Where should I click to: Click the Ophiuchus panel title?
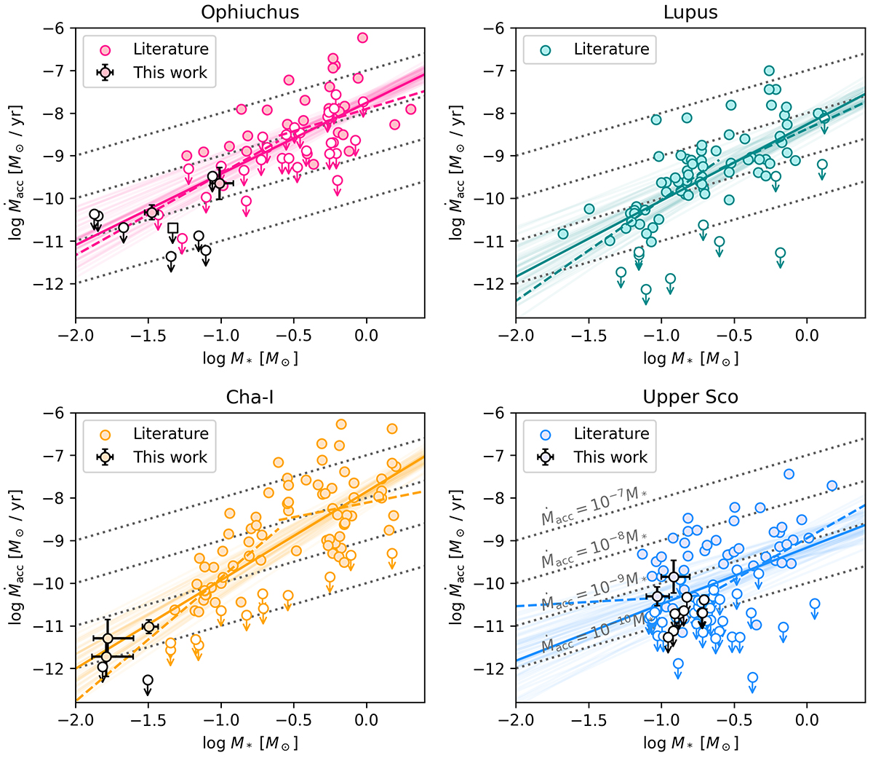point(250,12)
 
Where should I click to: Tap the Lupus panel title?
point(690,12)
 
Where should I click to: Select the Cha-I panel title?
point(250,397)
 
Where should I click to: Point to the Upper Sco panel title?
point(690,397)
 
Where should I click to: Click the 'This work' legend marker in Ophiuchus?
point(106,73)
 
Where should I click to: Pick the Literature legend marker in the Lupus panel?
point(546,50)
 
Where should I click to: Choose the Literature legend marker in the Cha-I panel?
point(106,434)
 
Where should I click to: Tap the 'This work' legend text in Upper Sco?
point(610,457)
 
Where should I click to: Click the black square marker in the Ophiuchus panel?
point(172,229)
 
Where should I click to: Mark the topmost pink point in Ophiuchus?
point(362,38)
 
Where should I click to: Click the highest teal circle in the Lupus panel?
point(769,71)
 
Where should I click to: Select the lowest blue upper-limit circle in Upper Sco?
point(752,678)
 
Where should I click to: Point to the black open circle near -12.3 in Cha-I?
point(148,680)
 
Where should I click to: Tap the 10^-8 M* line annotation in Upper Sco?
point(594,550)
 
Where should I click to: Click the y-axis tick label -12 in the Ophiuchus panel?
point(55,283)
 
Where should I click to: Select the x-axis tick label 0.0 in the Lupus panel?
point(807,335)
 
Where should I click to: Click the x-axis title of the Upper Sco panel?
point(690,743)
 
